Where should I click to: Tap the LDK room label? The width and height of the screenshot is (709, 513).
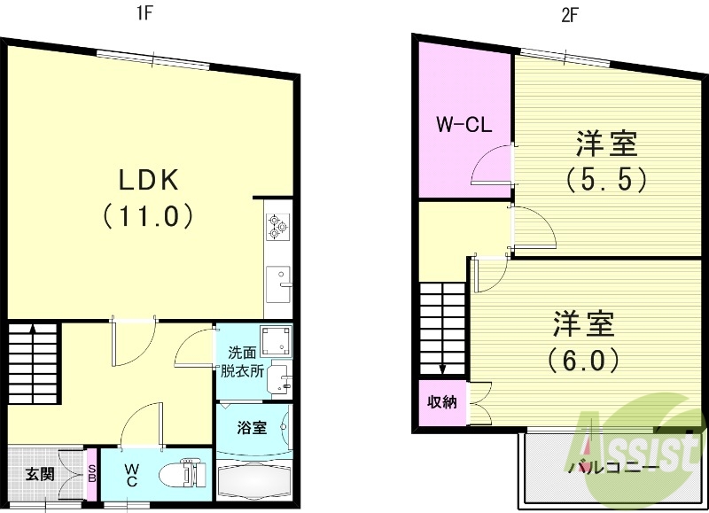[150, 180]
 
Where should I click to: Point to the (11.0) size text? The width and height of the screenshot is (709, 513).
[150, 215]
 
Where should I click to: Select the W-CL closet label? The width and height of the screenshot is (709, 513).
[463, 125]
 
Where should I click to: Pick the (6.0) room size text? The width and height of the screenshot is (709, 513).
[581, 360]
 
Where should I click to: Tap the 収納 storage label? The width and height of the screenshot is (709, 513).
[441, 402]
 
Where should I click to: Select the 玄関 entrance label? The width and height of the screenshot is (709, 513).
[39, 474]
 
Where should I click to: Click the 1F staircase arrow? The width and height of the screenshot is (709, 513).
[33, 330]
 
